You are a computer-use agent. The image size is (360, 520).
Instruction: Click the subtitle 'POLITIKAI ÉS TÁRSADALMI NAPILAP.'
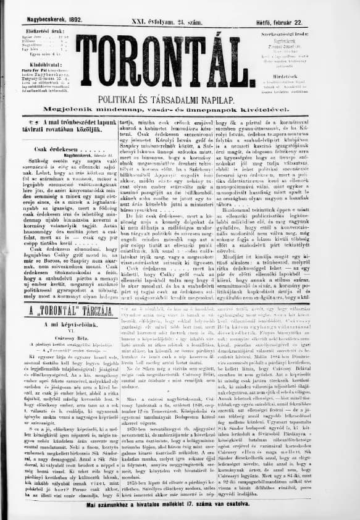point(179,98)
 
